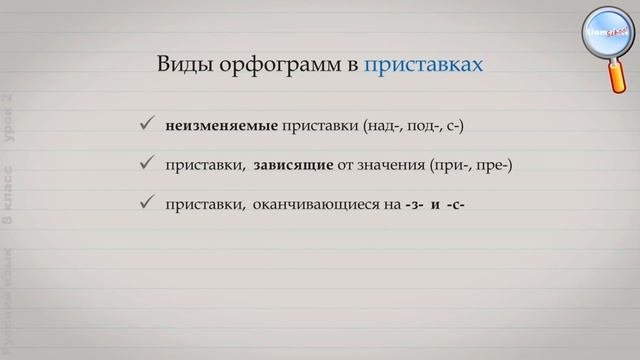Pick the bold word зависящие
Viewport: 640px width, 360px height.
[x=293, y=164]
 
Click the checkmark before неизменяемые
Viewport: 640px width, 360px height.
[x=145, y=125]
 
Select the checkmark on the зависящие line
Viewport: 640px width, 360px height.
[x=145, y=164]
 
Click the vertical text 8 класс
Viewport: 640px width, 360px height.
[x=8, y=211]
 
